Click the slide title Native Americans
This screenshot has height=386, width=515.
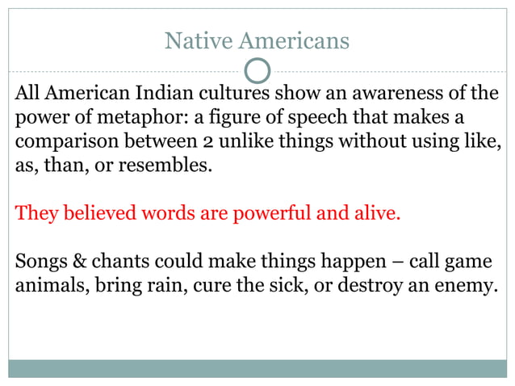(x=257, y=40)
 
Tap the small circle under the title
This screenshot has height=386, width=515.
(x=257, y=71)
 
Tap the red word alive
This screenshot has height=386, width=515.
(x=377, y=216)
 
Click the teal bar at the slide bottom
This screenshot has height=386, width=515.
(x=257, y=368)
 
